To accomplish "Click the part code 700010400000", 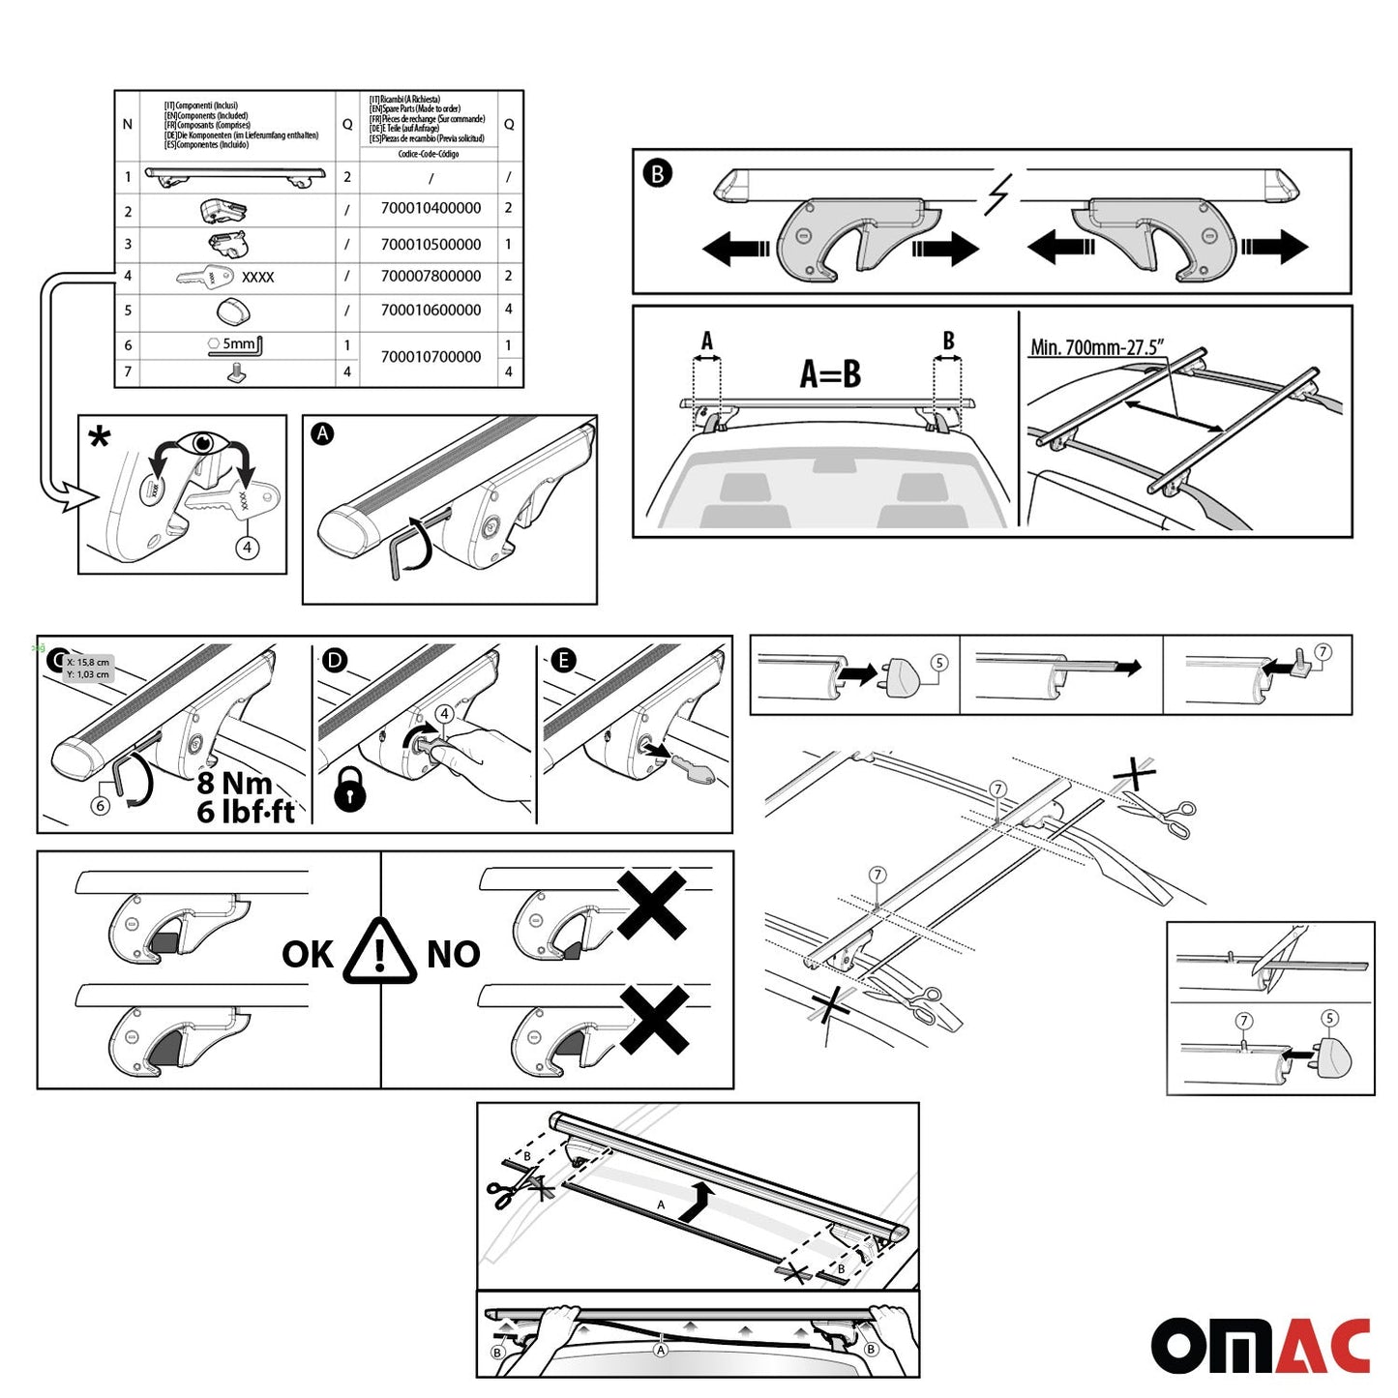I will [431, 208].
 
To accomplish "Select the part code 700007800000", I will [431, 277].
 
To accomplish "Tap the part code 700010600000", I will [431, 311].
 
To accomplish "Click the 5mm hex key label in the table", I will [238, 344].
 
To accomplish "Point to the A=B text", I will [830, 373].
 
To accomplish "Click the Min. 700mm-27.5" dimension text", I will [1096, 347].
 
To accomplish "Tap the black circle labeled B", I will [657, 174].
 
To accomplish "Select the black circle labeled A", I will [322, 434].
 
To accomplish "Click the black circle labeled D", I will [334, 661].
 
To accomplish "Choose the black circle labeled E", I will [562, 661].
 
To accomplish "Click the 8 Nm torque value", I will [233, 783].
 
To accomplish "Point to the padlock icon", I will [349, 789].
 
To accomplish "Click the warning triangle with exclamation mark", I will [380, 952].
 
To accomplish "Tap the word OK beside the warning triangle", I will [307, 955].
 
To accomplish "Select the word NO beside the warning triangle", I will [453, 955].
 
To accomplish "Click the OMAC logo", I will [1260, 1346].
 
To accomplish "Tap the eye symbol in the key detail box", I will [202, 444].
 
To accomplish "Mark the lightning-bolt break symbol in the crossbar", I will [997, 194].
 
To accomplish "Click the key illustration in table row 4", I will [206, 278].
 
